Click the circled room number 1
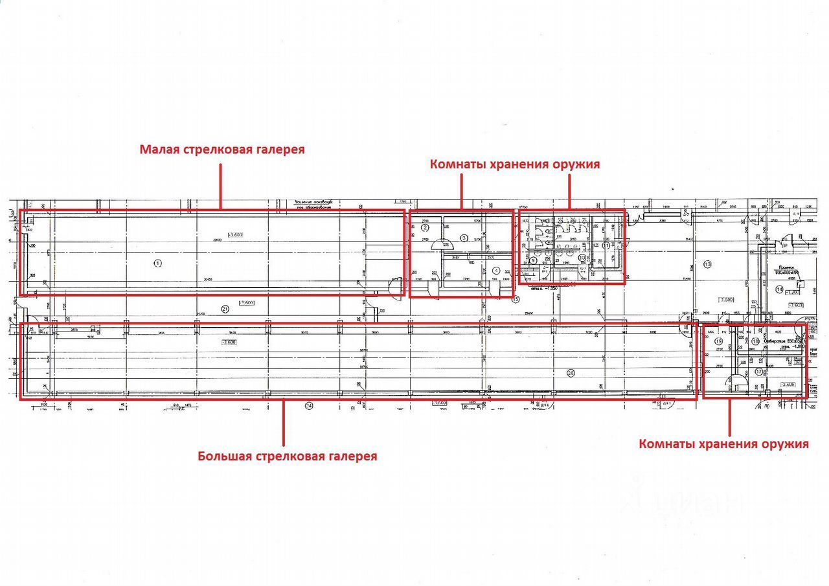(x=156, y=262)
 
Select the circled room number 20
(x=571, y=372)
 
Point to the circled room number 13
(x=707, y=264)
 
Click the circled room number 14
(x=779, y=289)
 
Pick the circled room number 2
(x=426, y=227)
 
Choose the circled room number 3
(x=463, y=238)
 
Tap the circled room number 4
(x=496, y=271)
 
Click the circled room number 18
(x=755, y=341)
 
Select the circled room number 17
(x=759, y=372)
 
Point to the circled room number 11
(x=606, y=246)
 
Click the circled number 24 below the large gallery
(x=309, y=406)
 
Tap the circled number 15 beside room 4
(x=516, y=299)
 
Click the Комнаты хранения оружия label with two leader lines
(x=514, y=164)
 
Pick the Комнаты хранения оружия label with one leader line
(x=723, y=444)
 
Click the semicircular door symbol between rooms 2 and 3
(x=440, y=245)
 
